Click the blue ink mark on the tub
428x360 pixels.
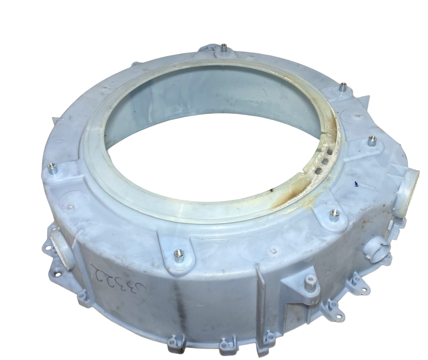(356, 183)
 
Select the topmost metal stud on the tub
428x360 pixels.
(222, 48)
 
